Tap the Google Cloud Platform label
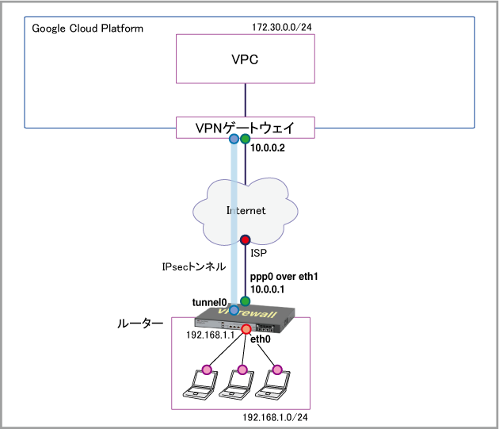87,29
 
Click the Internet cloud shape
245,211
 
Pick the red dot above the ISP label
246,239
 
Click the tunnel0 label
210,302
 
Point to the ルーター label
140,324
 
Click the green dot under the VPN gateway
246,139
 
